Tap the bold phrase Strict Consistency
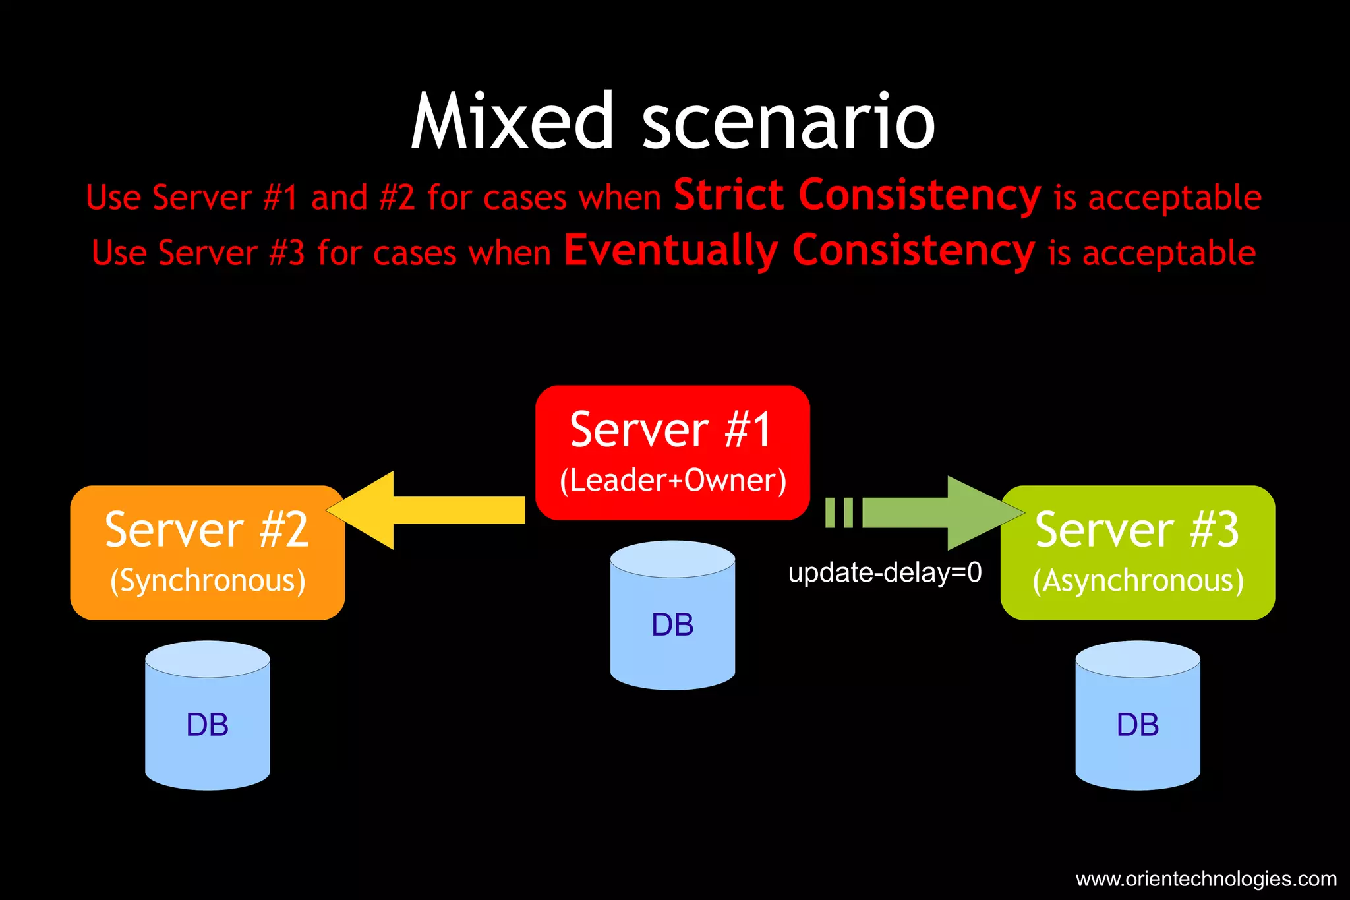[857, 195]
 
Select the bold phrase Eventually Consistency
[799, 251]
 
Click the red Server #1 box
[672, 452]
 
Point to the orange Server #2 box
[207, 553]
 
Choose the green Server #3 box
[1137, 553]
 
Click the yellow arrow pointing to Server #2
[428, 510]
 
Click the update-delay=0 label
[885, 572]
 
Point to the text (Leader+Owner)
[672, 481]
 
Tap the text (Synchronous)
[207, 581]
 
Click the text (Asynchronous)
[1137, 581]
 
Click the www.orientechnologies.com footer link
[1206, 879]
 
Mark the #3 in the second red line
[287, 253]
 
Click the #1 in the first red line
[280, 197]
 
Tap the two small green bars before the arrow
[839, 512]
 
